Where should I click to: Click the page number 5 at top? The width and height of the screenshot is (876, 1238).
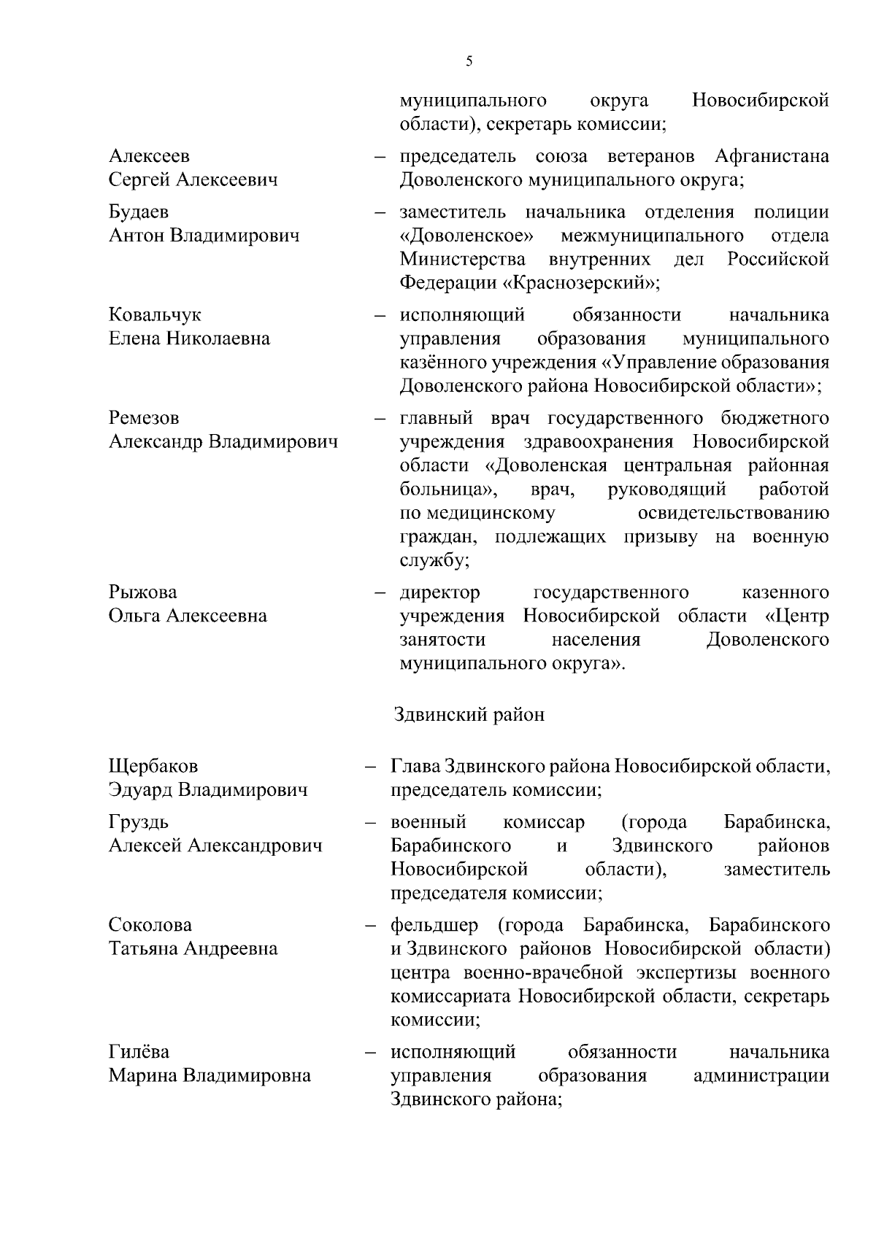tap(469, 61)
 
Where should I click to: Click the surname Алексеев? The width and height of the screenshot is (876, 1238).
tap(149, 156)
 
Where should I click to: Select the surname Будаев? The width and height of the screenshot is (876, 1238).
tap(139, 212)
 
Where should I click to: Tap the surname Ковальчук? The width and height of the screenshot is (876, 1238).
tap(155, 314)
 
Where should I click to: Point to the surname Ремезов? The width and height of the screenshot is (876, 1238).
tap(144, 417)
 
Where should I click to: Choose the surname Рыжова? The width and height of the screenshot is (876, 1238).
tap(142, 592)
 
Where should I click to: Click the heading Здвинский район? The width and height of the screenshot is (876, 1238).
tap(469, 714)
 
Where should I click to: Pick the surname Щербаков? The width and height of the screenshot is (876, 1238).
tap(153, 766)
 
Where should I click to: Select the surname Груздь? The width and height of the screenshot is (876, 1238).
tap(139, 822)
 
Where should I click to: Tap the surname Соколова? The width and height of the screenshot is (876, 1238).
tap(150, 925)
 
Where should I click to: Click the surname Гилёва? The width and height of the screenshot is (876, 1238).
tap(139, 1052)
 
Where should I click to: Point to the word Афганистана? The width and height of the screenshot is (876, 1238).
tap(772, 156)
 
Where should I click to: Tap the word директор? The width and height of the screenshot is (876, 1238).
tap(439, 592)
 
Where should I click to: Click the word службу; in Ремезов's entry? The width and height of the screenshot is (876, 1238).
tap(434, 560)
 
